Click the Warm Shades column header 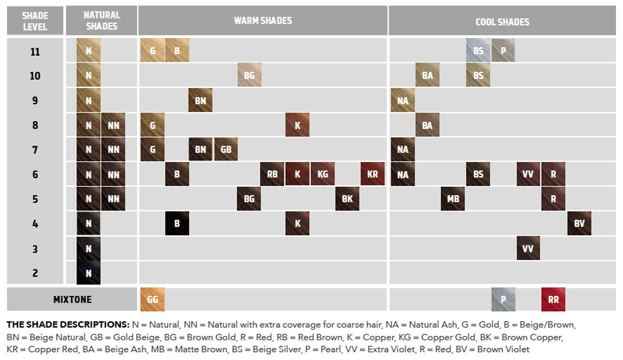(263, 21)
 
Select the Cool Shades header (502, 21)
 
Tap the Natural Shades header (101, 21)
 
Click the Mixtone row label (72, 300)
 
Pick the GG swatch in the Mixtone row (152, 300)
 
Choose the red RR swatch (553, 300)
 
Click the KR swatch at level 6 (372, 175)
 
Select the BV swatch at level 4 (579, 223)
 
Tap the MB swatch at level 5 (453, 199)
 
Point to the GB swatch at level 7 (226, 149)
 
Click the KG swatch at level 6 (322, 175)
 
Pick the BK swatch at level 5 (347, 199)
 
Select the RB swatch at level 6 (272, 175)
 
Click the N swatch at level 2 (88, 273)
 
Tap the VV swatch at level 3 (528, 248)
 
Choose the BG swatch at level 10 (250, 76)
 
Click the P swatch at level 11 (503, 51)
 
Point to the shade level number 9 (35, 100)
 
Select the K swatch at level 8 (297, 125)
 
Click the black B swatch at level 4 (177, 223)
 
